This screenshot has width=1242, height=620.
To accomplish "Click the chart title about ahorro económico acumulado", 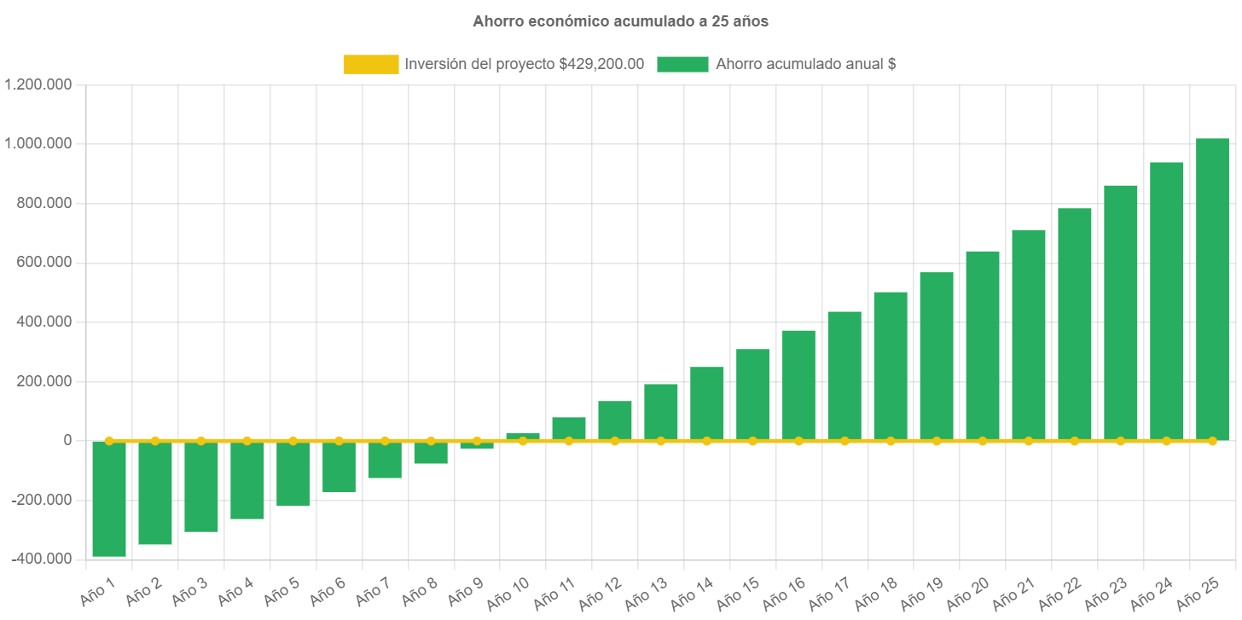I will (620, 22).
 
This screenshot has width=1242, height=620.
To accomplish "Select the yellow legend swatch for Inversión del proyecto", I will (371, 64).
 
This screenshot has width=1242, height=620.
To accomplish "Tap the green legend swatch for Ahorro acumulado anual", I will (682, 64).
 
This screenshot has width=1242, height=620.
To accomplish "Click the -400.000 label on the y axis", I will (41, 559).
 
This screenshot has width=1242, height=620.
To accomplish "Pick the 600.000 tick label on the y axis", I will (44, 262).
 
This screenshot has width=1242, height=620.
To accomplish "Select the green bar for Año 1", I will (109, 499).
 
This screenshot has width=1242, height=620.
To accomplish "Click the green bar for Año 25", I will (1212, 290).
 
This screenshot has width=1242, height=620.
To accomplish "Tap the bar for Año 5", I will (293, 474).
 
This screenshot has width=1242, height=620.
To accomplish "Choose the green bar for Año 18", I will (891, 367).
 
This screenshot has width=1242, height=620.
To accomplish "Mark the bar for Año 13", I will (661, 413).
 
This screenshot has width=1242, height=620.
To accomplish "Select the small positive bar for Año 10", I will (523, 436).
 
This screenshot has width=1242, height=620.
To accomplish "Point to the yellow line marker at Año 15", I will (752, 441).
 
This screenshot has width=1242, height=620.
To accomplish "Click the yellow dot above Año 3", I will (201, 441).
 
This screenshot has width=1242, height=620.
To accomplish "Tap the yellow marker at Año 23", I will (1120, 441).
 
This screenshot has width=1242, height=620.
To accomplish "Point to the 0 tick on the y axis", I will (67, 440).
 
